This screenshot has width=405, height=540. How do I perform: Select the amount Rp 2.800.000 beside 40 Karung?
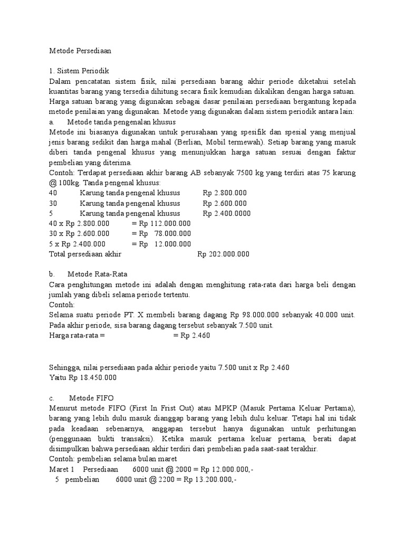coord(225,193)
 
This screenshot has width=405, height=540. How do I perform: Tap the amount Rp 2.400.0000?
coord(227,214)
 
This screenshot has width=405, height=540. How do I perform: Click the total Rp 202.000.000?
coord(223,254)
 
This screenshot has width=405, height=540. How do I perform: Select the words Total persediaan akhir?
coord(85,254)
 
